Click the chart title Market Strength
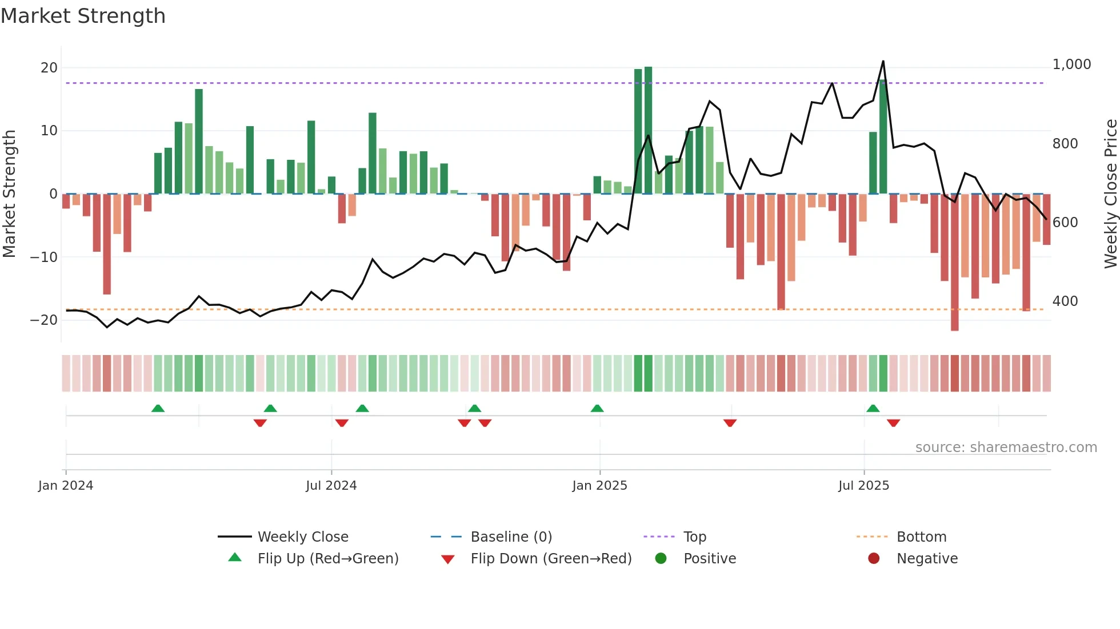[x=83, y=16]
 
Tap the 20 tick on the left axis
[x=49, y=68]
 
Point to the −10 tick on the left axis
[x=44, y=257]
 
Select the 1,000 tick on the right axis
[x=1071, y=64]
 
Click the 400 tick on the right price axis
[x=1065, y=301]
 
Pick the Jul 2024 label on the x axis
[x=331, y=486]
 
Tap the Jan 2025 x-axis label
[x=599, y=486]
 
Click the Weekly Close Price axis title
[x=1110, y=193]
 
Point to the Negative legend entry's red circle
[x=874, y=558]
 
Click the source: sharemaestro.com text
[x=1006, y=447]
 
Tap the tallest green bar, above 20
[x=648, y=130]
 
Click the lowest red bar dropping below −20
[x=954, y=263]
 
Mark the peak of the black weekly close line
[x=883, y=61]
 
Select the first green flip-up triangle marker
[x=158, y=408]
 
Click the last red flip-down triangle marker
[x=893, y=423]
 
